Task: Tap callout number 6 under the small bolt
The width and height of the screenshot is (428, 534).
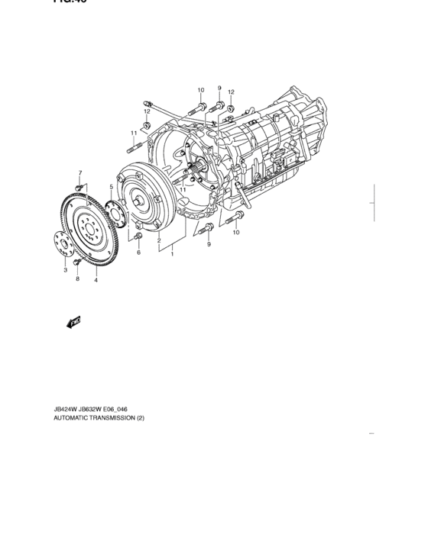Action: tap(138, 253)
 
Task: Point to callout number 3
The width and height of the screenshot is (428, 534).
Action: tap(66, 270)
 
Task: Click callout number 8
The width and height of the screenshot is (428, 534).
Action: tap(77, 280)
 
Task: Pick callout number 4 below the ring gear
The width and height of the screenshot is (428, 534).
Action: tap(96, 280)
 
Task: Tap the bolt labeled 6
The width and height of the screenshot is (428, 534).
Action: tap(138, 239)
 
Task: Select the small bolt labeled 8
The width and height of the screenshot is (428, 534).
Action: tap(77, 263)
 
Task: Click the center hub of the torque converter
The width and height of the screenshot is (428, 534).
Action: tap(139, 203)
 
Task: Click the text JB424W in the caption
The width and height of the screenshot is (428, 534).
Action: tap(66, 410)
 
